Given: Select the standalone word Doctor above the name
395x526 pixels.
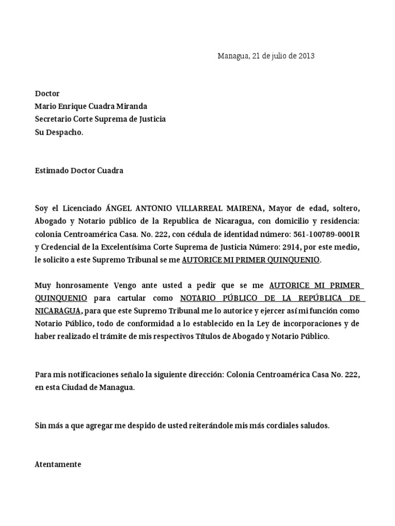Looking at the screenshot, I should click(x=47, y=93).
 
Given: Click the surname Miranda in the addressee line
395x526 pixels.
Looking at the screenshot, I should click(x=131, y=106).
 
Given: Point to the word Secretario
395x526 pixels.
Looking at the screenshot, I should click(x=52, y=119).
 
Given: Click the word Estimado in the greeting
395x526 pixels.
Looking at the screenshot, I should click(x=51, y=171).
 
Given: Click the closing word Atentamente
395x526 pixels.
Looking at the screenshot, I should click(x=58, y=464).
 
